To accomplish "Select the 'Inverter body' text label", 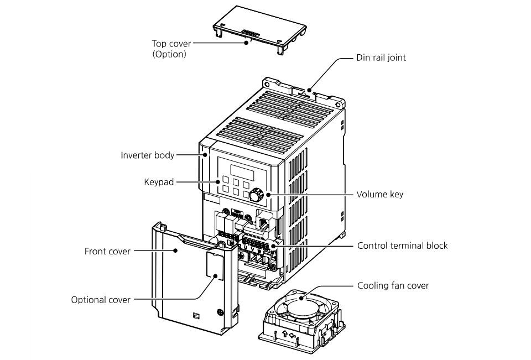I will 148,155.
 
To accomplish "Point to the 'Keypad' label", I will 159,181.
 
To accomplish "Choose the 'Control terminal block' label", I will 402,246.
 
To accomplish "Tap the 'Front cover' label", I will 107,251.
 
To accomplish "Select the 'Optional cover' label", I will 101,300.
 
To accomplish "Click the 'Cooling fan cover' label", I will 393,286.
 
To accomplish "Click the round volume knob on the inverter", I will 256,195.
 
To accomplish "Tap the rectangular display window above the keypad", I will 240,168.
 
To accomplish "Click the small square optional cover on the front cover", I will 216,264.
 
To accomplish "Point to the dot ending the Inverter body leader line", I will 205,155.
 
